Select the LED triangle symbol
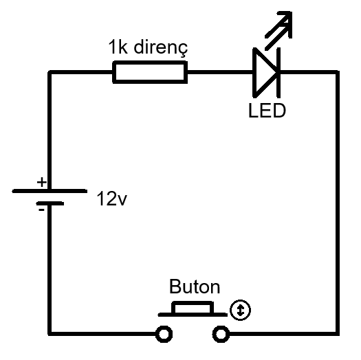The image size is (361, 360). pyautogui.click(x=264, y=71)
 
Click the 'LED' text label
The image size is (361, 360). pyautogui.click(x=267, y=110)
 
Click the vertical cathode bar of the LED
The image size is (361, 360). pyautogui.click(x=278, y=71)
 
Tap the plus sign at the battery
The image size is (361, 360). pyautogui.click(x=41, y=182)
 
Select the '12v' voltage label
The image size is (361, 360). pyautogui.click(x=112, y=200)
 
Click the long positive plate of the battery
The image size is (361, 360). pyautogui.click(x=49, y=190)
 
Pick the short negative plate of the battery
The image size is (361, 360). pyautogui.click(x=49, y=203)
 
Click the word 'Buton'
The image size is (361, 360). pyautogui.click(x=194, y=286)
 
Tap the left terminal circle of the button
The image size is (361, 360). pyautogui.click(x=164, y=334)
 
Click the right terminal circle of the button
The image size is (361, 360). pyautogui.click(x=221, y=334)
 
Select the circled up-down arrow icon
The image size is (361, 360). pyautogui.click(x=240, y=311)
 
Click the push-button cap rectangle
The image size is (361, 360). pyautogui.click(x=193, y=307)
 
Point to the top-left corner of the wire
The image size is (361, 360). pyautogui.click(x=50, y=71)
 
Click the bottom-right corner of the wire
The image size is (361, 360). pyautogui.click(x=338, y=334)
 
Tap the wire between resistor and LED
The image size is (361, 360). pyautogui.click(x=219, y=71)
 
